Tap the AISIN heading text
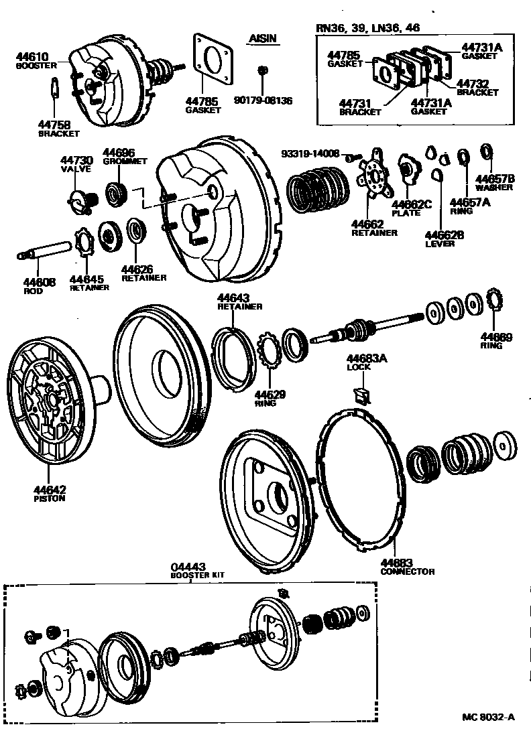pos(262,40)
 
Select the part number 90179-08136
pos(263,100)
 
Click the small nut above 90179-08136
pos(263,69)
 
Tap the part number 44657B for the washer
pos(495,179)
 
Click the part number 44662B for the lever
pos(445,235)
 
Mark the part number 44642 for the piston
pos(50,490)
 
